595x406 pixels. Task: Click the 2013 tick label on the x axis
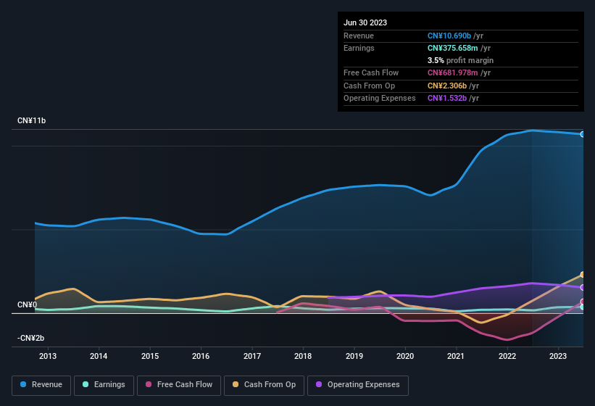[48, 356]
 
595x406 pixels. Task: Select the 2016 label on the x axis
[201, 356]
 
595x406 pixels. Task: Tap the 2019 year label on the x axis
[354, 356]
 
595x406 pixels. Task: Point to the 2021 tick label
[456, 356]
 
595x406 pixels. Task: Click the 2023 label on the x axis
[558, 356]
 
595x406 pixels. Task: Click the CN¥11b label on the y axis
[32, 121]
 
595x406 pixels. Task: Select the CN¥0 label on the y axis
[28, 304]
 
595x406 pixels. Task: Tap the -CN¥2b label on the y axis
[31, 339]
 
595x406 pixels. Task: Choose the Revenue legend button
[41, 385]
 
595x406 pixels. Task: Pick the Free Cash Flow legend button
[179, 385]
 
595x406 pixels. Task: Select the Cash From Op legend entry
[264, 385]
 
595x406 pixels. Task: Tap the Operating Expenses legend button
[358, 385]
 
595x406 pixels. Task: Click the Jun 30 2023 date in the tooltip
[365, 22]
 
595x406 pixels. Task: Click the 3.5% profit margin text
[460, 60]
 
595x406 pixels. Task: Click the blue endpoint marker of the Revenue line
[582, 134]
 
